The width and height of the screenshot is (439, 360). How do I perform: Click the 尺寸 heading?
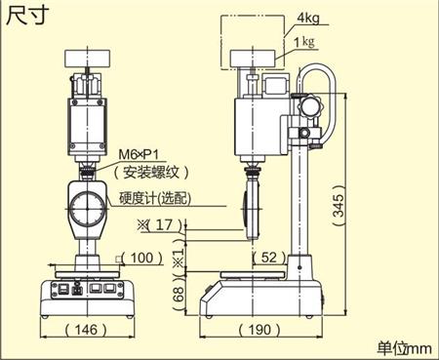point(27,16)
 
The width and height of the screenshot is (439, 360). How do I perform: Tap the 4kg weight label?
point(308,18)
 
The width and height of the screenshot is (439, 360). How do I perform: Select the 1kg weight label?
point(304,42)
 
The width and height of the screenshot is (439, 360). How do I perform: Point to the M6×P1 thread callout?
point(139,154)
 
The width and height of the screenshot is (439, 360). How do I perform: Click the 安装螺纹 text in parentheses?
point(151,172)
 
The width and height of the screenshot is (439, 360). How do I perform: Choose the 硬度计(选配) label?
point(155,198)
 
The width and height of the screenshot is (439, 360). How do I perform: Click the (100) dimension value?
point(141,258)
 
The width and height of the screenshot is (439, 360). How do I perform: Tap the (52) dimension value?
point(269,258)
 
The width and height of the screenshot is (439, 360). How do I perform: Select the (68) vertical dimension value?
point(180,295)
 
